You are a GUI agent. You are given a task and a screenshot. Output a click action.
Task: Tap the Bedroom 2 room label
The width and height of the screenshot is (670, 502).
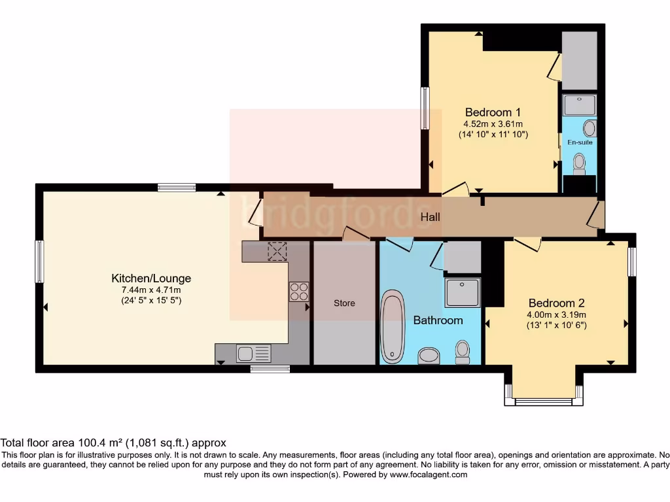[x=556, y=303]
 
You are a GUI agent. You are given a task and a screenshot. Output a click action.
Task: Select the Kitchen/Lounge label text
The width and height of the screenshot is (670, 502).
[x=151, y=278]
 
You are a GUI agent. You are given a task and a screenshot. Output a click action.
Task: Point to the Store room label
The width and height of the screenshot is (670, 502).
[x=344, y=303]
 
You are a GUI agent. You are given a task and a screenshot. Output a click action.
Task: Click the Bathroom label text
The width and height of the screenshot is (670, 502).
[x=438, y=320]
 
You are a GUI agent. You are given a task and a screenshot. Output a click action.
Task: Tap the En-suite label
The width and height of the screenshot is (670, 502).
[x=580, y=142]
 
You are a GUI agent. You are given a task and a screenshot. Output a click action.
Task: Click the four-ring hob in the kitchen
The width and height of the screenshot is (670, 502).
[x=299, y=291]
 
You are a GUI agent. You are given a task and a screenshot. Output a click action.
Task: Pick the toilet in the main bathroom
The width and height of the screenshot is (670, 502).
[x=463, y=352]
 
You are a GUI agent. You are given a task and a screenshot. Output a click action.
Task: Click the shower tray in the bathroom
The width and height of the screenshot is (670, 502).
[x=463, y=292]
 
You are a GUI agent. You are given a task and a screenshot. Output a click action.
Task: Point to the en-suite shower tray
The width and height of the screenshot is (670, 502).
[x=580, y=105]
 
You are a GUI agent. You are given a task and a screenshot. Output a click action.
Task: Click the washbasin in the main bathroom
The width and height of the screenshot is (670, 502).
[x=429, y=356]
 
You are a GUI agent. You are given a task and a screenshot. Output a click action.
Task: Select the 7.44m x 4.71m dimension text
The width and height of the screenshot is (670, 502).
[x=151, y=290]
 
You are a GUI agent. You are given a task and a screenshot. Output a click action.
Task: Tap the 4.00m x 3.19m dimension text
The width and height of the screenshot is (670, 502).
[x=556, y=314]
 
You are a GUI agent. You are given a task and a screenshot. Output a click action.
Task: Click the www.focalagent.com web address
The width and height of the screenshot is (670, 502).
[x=429, y=475]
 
